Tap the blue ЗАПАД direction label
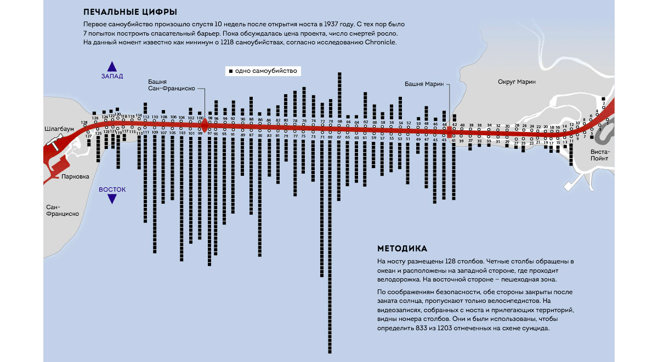coord(112,76)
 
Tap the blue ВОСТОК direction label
coord(112,189)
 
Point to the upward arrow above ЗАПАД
coord(112,67)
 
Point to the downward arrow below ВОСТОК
coord(112,199)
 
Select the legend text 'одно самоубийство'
coord(265,71)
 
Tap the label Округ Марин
coord(516,82)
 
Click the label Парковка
coord(75,176)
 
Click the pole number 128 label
coord(84,122)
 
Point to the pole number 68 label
coord(340,121)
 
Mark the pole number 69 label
coord(330,137)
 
